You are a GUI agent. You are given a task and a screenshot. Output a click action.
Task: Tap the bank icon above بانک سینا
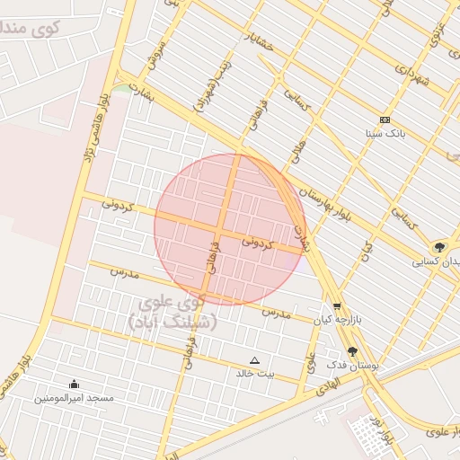pyautogui.click(x=385, y=120)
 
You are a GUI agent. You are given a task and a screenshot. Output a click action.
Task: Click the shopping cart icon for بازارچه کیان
pyautogui.click(x=337, y=305)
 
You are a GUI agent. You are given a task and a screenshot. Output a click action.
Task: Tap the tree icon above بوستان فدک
pyautogui.click(x=351, y=351)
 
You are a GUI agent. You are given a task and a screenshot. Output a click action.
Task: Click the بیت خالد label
pyautogui.click(x=255, y=373)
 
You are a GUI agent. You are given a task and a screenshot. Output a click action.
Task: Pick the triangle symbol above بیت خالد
pyautogui.click(x=254, y=360)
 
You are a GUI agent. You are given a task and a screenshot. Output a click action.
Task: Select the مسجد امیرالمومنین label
pyautogui.click(x=75, y=396)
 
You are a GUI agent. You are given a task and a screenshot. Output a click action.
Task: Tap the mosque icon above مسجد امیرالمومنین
pyautogui.click(x=74, y=384)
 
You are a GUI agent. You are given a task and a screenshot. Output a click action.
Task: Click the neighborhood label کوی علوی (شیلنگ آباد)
pyautogui.click(x=171, y=312)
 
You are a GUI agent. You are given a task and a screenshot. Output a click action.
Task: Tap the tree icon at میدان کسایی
pyautogui.click(x=439, y=247)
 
